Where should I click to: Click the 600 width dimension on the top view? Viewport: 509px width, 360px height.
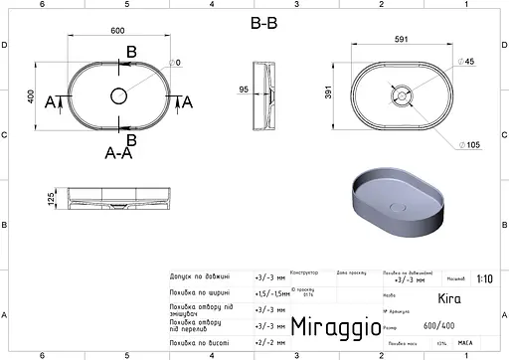[117, 30]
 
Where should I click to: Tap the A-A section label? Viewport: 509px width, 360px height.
[120, 153]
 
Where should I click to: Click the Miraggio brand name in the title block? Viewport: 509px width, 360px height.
[334, 327]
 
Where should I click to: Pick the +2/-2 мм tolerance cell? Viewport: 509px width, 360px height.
[268, 341]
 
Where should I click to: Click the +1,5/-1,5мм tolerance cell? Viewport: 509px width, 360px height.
[269, 292]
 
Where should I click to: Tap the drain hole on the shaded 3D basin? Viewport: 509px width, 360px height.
[399, 207]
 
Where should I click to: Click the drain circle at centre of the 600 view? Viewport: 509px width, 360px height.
[117, 96]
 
